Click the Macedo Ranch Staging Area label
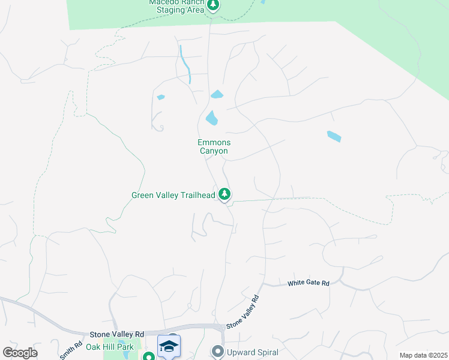pyautogui.click(x=176, y=6)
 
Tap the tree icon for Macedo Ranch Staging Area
pyautogui.click(x=213, y=5)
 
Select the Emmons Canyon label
pyautogui.click(x=214, y=146)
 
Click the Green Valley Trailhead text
pyautogui.click(x=173, y=195)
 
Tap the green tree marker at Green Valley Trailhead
pyautogui.click(x=224, y=194)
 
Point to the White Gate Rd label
pyautogui.click(x=309, y=283)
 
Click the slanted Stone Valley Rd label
pyautogui.click(x=243, y=312)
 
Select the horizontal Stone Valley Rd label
pyautogui.click(x=117, y=334)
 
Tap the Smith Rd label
pyautogui.click(x=70, y=350)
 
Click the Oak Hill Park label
pyautogui.click(x=110, y=347)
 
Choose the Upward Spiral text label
pyautogui.click(x=252, y=352)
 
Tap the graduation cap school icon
pyautogui.click(x=169, y=346)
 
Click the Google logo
pyautogui.click(x=20, y=353)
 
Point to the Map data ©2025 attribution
pyautogui.click(x=423, y=355)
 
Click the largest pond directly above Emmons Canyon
pyautogui.click(x=211, y=118)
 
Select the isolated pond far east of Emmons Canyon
pyautogui.click(x=334, y=136)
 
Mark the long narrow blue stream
pyautogui.click(x=185, y=64)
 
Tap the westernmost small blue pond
pyautogui.click(x=160, y=97)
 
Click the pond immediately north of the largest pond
pyautogui.click(x=217, y=94)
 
